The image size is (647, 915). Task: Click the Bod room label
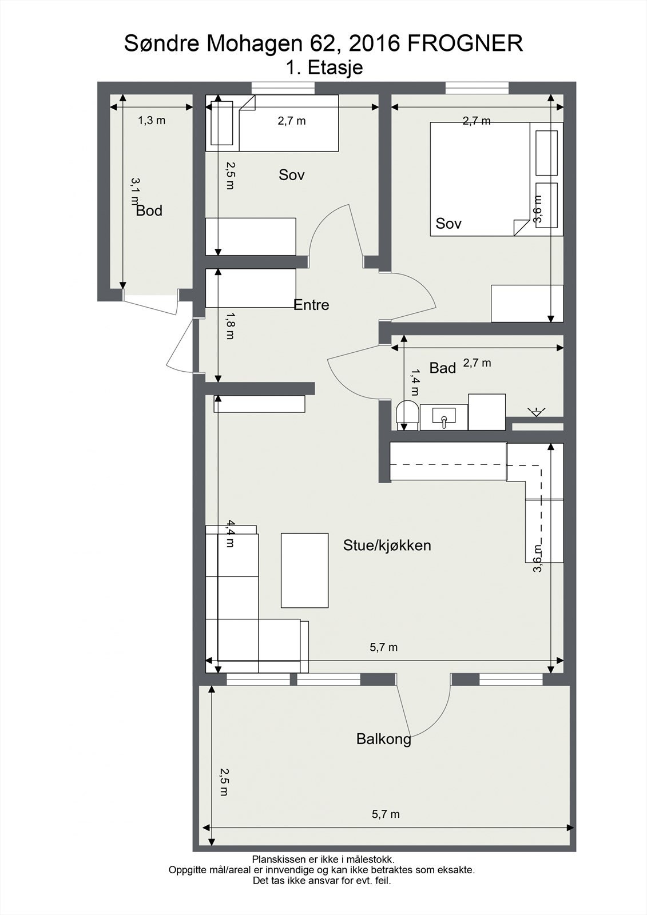149,211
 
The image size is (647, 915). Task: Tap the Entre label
311,305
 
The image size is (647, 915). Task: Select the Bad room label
442,368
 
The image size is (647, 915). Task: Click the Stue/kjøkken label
387,546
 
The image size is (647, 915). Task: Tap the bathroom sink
443,417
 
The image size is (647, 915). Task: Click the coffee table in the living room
304,570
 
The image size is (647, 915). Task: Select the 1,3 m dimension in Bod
152,121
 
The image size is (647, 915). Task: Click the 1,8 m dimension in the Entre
230,326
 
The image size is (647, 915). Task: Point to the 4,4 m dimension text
230,534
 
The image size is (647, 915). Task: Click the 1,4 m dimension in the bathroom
414,383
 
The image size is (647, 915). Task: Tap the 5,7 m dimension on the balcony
386,814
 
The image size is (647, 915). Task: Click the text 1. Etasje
324,67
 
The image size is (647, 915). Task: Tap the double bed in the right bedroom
496,179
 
